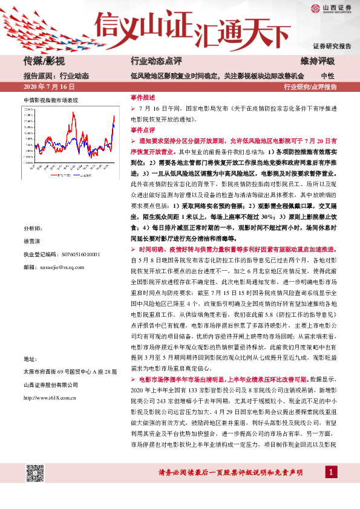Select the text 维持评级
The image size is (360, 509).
pos(318,62)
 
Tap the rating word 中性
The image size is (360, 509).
pos(327,76)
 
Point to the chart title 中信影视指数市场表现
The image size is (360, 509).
pos(51,99)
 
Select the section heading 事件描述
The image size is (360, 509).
pos(143,97)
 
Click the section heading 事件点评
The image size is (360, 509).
pos(143,130)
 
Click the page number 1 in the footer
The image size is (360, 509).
pos(332,488)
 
